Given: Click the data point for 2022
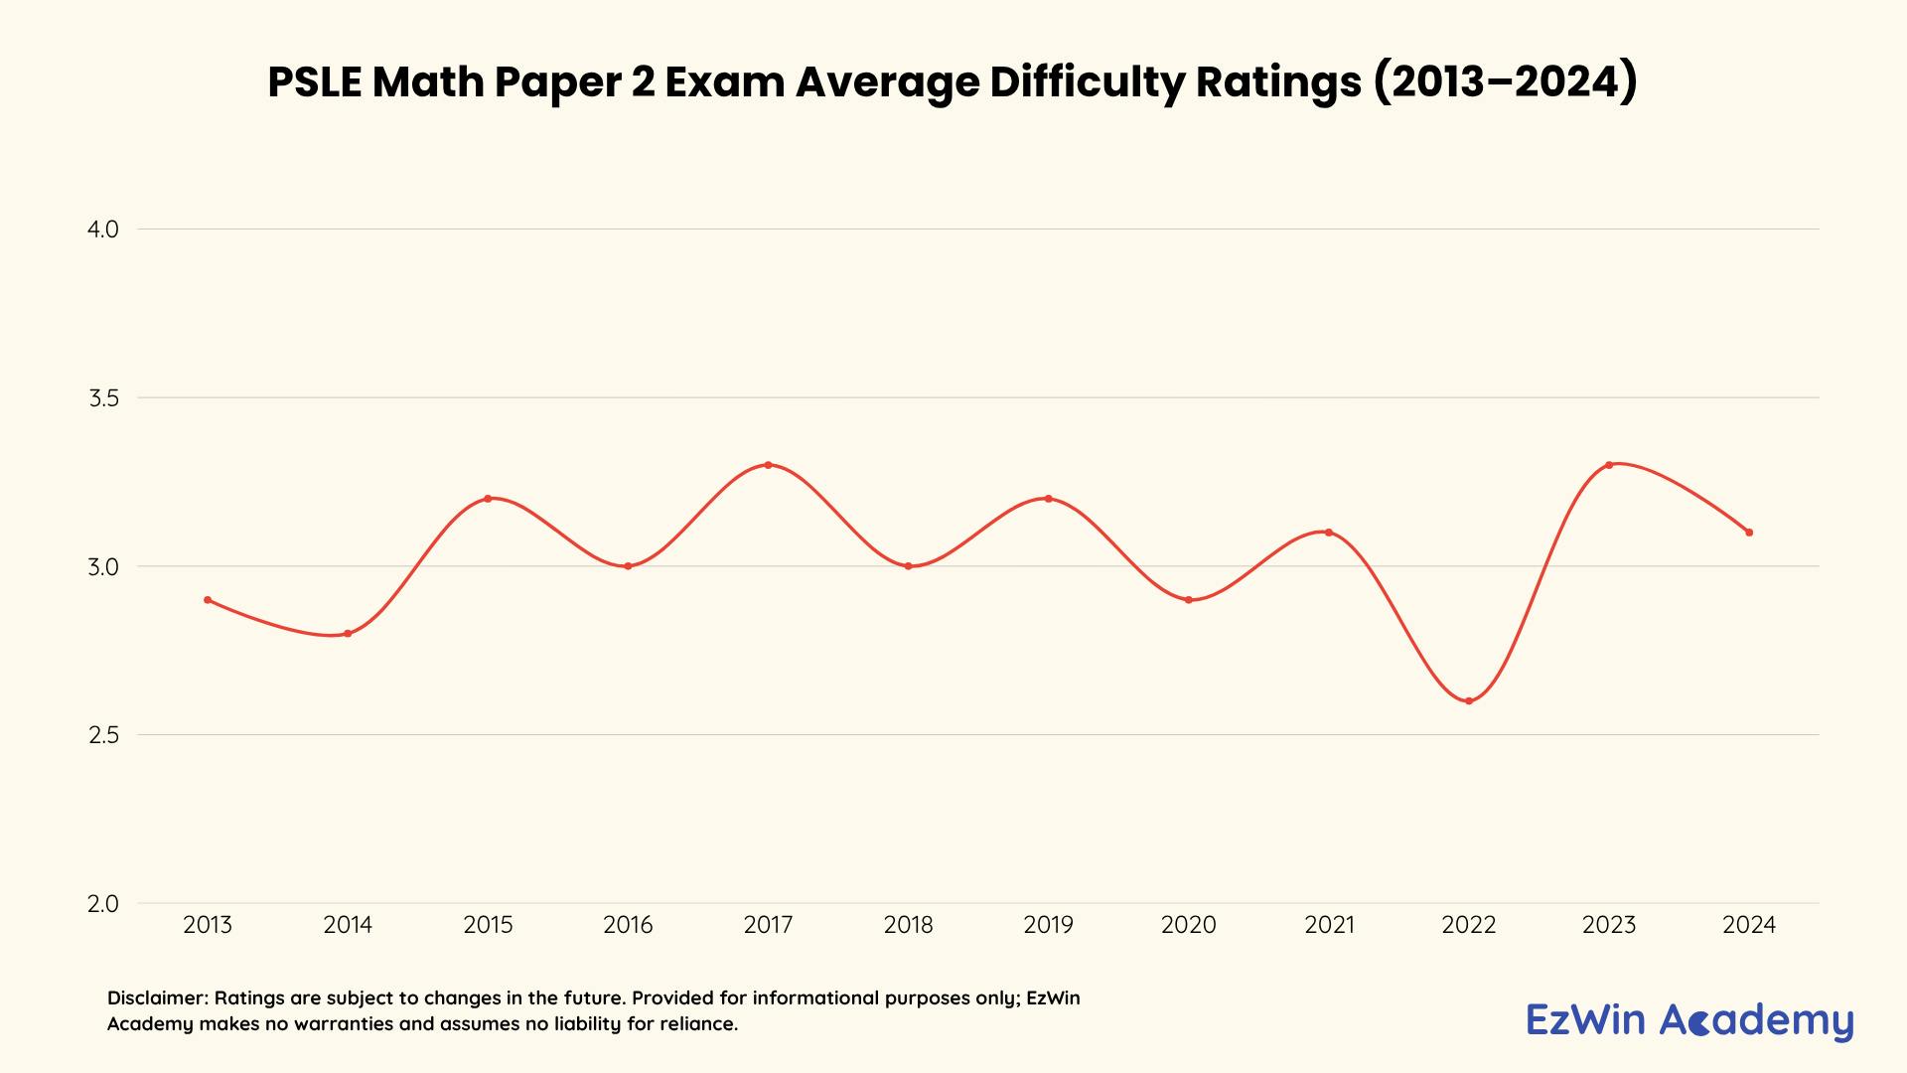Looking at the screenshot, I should [1469, 700].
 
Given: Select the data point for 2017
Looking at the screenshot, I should [768, 465].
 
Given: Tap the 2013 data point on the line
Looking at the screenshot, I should [208, 600].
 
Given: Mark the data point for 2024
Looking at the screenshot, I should [1749, 533].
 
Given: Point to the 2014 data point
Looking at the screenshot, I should [348, 634].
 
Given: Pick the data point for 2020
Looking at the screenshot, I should [1189, 600].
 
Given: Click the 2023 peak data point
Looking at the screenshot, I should [1609, 465].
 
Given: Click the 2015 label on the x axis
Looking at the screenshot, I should [488, 925].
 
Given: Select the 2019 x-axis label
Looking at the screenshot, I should [1048, 925].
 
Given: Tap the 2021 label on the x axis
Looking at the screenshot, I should [1329, 925].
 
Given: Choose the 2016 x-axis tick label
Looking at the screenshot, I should [628, 925].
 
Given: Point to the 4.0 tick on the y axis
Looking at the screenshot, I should [103, 230].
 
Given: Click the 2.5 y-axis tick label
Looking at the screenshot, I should [103, 735].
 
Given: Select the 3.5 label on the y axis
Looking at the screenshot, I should [103, 398].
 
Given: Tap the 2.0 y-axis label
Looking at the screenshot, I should [103, 904].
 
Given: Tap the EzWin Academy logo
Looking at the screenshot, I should [1689, 1020].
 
